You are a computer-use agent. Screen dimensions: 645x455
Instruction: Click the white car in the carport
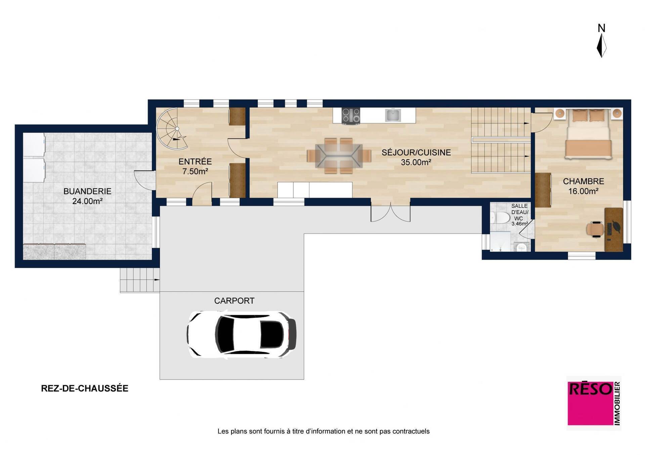click(x=242, y=334)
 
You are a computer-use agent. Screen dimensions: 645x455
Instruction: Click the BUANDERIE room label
click(x=87, y=191)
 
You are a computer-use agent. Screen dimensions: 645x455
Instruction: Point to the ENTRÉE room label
click(x=195, y=161)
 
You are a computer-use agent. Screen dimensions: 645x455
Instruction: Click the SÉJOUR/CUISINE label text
click(x=416, y=153)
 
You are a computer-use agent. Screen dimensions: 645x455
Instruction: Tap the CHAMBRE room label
click(x=584, y=181)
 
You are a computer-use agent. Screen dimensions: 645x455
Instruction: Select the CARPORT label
click(x=234, y=301)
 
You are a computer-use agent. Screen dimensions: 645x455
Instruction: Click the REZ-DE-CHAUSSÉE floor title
click(x=85, y=388)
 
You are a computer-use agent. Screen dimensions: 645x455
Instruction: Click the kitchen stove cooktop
click(x=351, y=115)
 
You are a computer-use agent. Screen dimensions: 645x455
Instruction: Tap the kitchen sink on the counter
click(x=393, y=115)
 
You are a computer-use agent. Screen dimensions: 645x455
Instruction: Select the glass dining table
click(x=339, y=156)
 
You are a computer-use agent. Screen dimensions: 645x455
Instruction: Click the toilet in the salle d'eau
click(x=500, y=218)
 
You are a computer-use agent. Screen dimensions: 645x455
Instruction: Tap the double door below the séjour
click(x=390, y=212)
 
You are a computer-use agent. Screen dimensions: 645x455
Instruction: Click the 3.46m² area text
click(x=520, y=223)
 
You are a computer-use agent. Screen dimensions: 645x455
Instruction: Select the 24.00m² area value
click(x=87, y=201)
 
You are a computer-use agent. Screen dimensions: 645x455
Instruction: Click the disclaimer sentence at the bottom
click(x=324, y=431)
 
